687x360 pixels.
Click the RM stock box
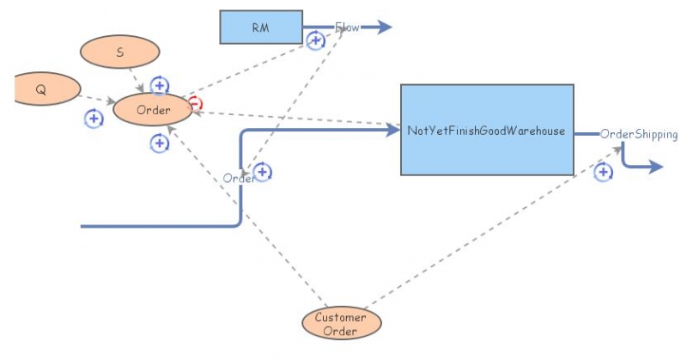[x=261, y=27]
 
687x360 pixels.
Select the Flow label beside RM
[x=347, y=27]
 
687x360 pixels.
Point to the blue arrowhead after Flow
[x=384, y=27]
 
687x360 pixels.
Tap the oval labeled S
[x=119, y=52]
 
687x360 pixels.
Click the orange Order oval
[x=153, y=110]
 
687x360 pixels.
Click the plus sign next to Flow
[x=316, y=40]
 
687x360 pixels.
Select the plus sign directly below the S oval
[x=160, y=85]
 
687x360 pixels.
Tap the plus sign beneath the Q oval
[x=94, y=119]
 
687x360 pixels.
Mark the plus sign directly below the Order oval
[x=159, y=143]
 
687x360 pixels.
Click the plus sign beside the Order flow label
[x=263, y=172]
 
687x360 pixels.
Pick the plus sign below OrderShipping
[x=604, y=173]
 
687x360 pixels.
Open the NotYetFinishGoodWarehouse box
[x=487, y=131]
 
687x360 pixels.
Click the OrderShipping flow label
[x=638, y=134]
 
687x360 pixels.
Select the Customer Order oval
[x=340, y=324]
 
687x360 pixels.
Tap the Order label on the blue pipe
[x=238, y=178]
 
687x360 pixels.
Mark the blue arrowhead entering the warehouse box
[x=395, y=131]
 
